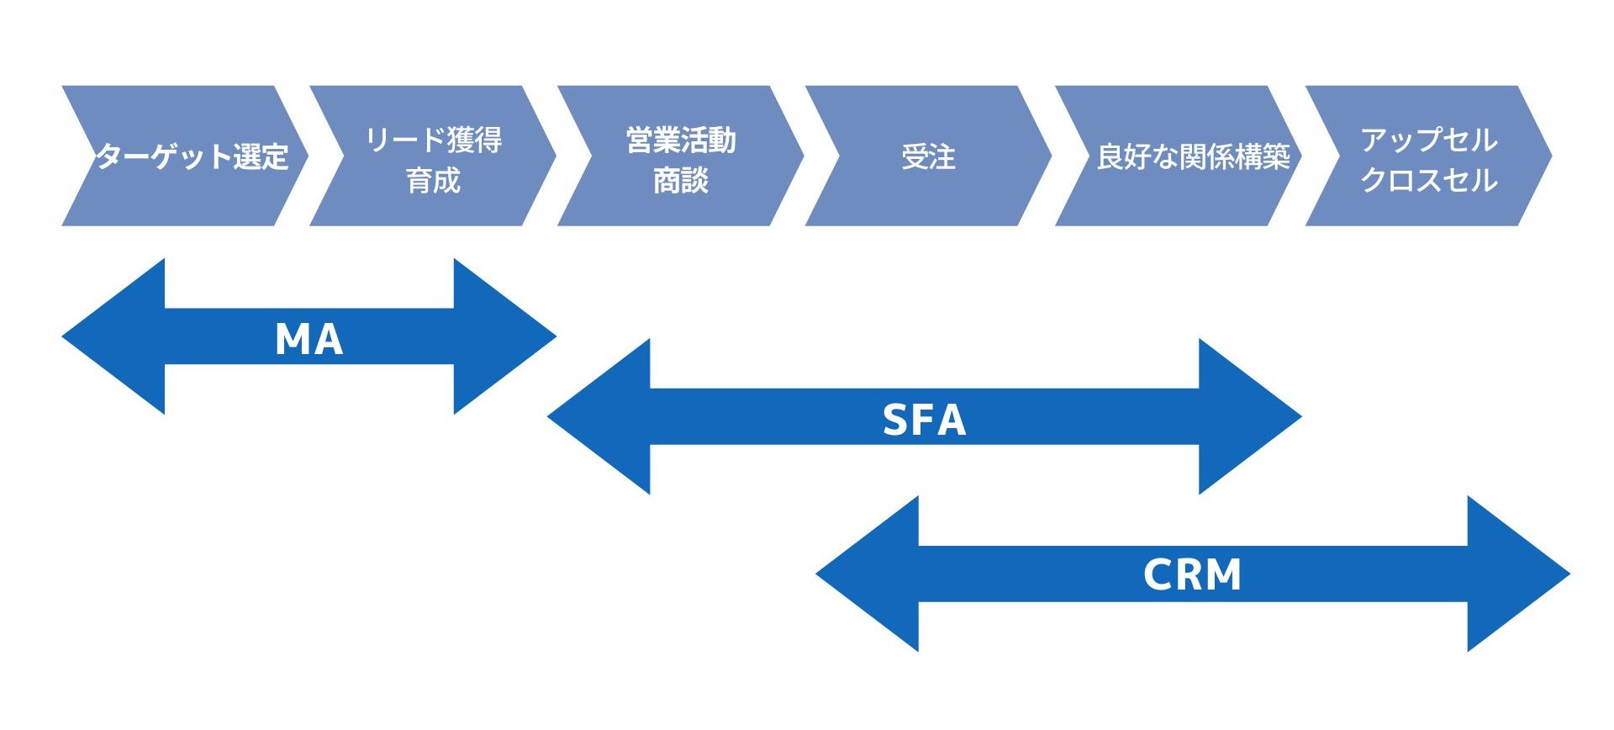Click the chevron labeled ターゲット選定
tap(192, 156)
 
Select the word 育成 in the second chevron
tap(433, 179)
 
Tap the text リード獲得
tap(433, 140)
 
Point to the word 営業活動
tap(681, 140)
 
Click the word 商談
tap(681, 179)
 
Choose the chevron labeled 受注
tap(928, 156)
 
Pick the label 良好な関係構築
tap(1193, 156)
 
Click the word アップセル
tap(1428, 140)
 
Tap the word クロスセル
tap(1428, 179)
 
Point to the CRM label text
tap(1192, 575)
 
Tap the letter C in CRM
tap(1158, 575)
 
